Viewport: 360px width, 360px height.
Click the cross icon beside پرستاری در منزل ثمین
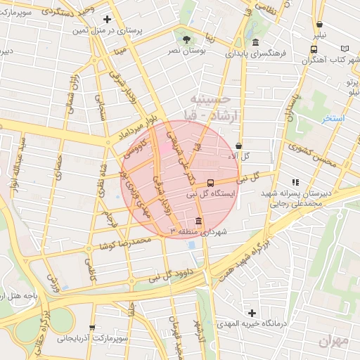pos(107,19)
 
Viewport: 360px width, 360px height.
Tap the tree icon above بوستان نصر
pos(186,39)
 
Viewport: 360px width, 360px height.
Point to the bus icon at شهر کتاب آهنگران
pos(314,49)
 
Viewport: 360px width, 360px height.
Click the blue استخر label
pos(333,118)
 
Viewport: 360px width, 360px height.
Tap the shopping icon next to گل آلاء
pos(239,146)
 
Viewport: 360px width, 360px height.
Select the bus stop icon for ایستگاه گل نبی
pos(212,184)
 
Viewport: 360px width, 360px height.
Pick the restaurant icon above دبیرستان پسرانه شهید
pos(295,182)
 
